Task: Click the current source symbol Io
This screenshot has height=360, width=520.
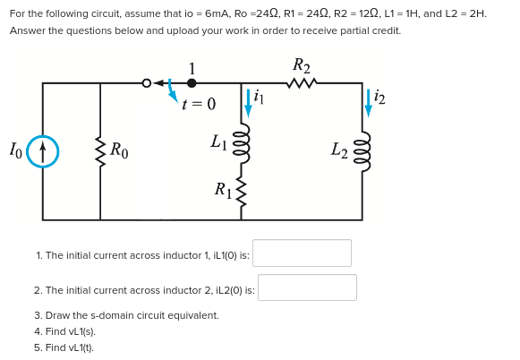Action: [42, 150]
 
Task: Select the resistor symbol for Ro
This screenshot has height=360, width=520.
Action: [100, 150]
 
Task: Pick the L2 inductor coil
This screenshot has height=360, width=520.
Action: [362, 154]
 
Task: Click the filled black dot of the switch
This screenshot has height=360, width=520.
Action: [192, 83]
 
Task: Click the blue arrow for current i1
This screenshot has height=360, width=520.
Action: [248, 102]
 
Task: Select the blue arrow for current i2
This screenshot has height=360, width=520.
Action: [368, 103]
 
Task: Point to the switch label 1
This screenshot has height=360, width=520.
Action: [192, 68]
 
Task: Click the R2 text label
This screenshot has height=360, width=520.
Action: [302, 65]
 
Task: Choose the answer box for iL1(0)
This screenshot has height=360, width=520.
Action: [302, 253]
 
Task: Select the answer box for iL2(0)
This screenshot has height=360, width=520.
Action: [307, 288]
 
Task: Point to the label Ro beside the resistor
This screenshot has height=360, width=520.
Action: [119, 150]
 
